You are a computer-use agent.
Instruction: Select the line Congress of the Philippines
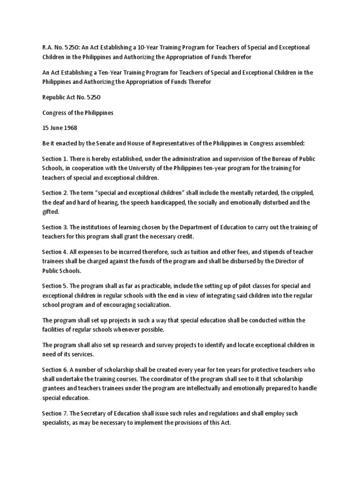coord(78,113)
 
